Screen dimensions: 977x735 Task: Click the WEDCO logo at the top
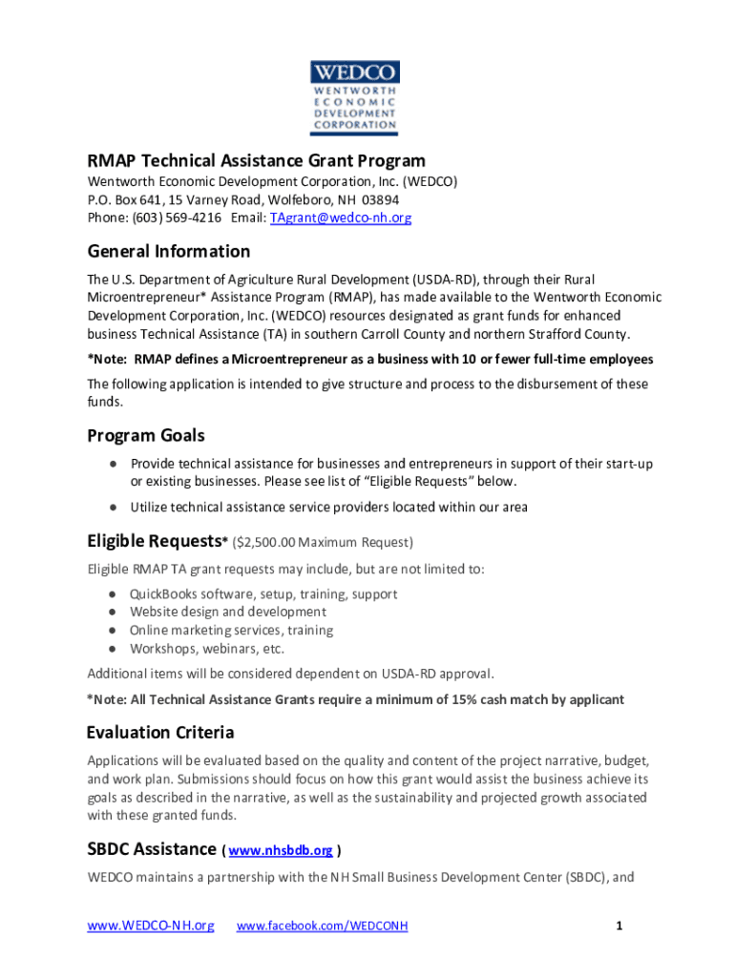coord(354,96)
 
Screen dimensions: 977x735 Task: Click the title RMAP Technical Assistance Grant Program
coord(256,160)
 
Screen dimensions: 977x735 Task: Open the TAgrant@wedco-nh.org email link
coord(341,218)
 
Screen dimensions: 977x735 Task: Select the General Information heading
coord(169,252)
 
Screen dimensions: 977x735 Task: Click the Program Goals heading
coord(146,436)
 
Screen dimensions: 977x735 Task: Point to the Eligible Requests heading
coord(154,541)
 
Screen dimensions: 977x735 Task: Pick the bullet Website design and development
coord(227,612)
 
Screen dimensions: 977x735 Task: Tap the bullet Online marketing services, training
coord(231,630)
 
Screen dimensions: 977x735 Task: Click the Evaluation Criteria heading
coord(160,733)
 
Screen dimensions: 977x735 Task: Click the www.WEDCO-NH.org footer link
coord(150,925)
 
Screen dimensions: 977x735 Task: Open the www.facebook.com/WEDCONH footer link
coord(322,925)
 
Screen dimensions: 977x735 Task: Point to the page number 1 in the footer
coord(619,925)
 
